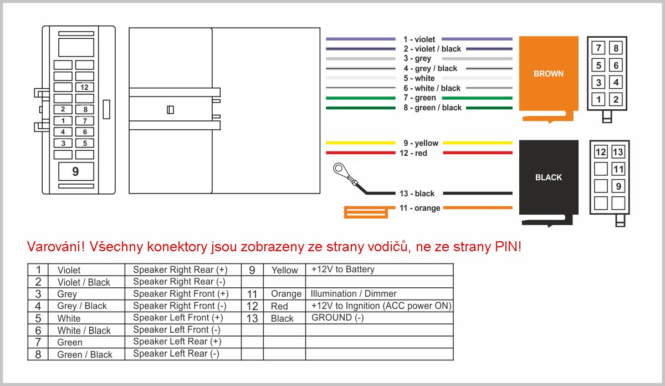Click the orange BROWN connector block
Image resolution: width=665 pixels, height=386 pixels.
[x=548, y=74]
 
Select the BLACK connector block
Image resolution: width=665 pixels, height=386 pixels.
[x=548, y=177]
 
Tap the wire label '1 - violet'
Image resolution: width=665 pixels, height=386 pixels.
[x=419, y=39]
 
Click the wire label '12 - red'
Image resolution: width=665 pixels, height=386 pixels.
[x=413, y=153]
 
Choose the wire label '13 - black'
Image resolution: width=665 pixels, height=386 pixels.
[x=417, y=194]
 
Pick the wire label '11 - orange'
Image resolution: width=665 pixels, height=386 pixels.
[x=420, y=208]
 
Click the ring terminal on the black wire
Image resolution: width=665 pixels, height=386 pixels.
[x=337, y=169]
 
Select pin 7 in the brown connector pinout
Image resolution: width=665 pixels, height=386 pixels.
[x=598, y=48]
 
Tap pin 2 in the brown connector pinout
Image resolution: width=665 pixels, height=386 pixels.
[x=616, y=100]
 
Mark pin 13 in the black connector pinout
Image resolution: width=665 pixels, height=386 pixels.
[x=618, y=152]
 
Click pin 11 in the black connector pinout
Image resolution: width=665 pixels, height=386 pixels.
[x=618, y=169]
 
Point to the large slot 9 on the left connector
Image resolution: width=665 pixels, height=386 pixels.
[x=76, y=172]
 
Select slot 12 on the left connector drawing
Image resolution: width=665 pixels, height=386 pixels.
[x=84, y=87]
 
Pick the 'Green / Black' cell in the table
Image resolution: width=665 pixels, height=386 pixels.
[x=85, y=354]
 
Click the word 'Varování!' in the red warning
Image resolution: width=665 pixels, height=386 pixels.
[x=55, y=247]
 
